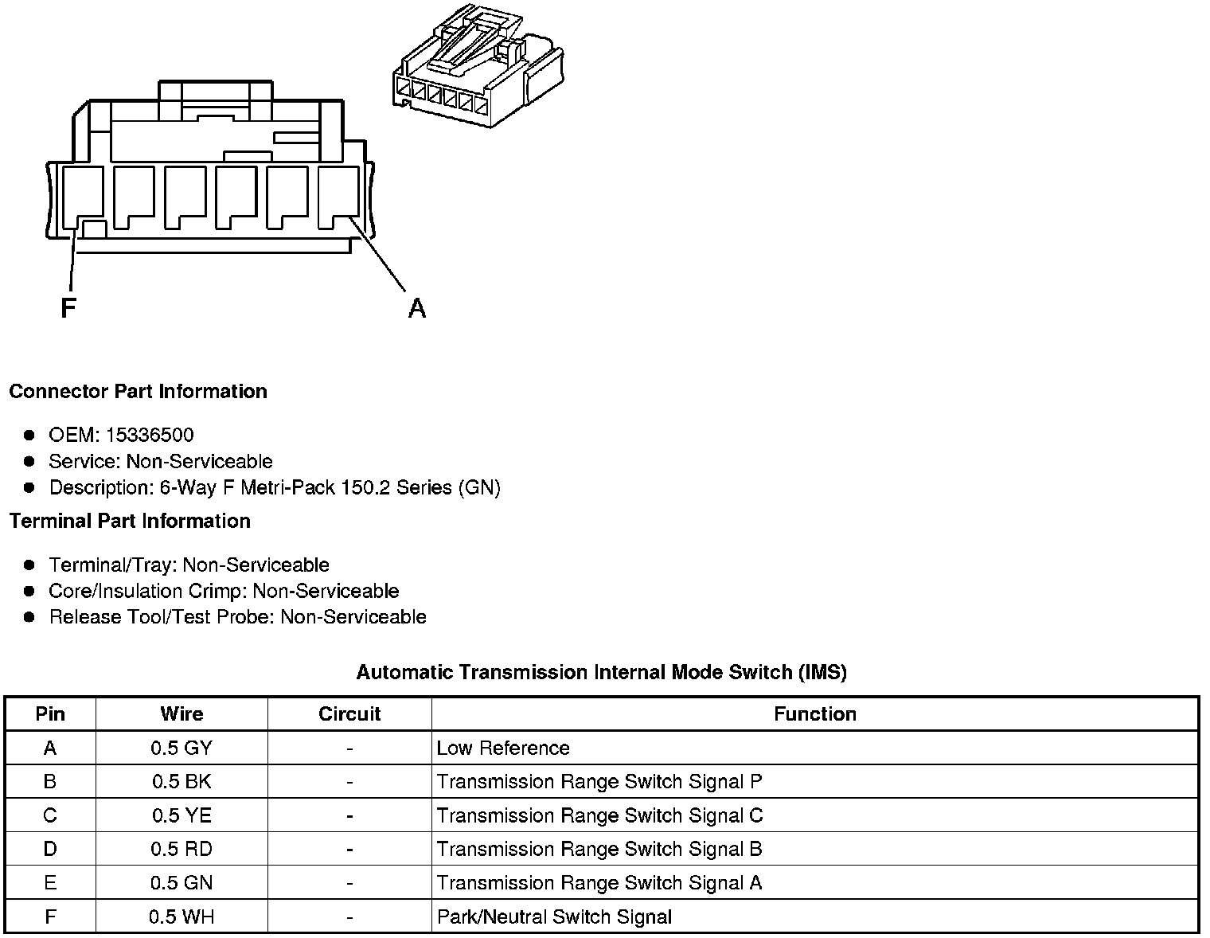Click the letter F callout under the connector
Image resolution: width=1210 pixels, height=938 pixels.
(68, 308)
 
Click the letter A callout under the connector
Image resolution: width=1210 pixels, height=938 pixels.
(417, 308)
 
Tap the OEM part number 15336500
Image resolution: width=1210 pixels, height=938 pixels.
(150, 436)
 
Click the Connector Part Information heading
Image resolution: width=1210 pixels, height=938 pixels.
(138, 392)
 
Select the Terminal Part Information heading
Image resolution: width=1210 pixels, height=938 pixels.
(130, 522)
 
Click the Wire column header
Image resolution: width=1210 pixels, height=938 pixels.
(181, 714)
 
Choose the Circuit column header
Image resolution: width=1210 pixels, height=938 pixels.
(349, 714)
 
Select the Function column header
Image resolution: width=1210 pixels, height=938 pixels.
(814, 714)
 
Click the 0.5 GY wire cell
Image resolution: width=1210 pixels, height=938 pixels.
(181, 748)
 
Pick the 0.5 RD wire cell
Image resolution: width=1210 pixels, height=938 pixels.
(181, 850)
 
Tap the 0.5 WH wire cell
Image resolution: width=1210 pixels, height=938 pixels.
(181, 917)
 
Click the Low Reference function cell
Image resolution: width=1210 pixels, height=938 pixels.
(503, 748)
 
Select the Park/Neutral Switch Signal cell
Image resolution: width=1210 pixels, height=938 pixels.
(554, 917)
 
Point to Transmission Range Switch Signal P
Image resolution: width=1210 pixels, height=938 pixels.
(599, 782)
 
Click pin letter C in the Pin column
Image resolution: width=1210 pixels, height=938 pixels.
(50, 816)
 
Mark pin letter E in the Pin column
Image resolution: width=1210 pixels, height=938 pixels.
(50, 883)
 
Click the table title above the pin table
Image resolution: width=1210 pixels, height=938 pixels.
(601, 673)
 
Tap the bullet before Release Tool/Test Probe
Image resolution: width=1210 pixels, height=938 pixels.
(29, 617)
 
